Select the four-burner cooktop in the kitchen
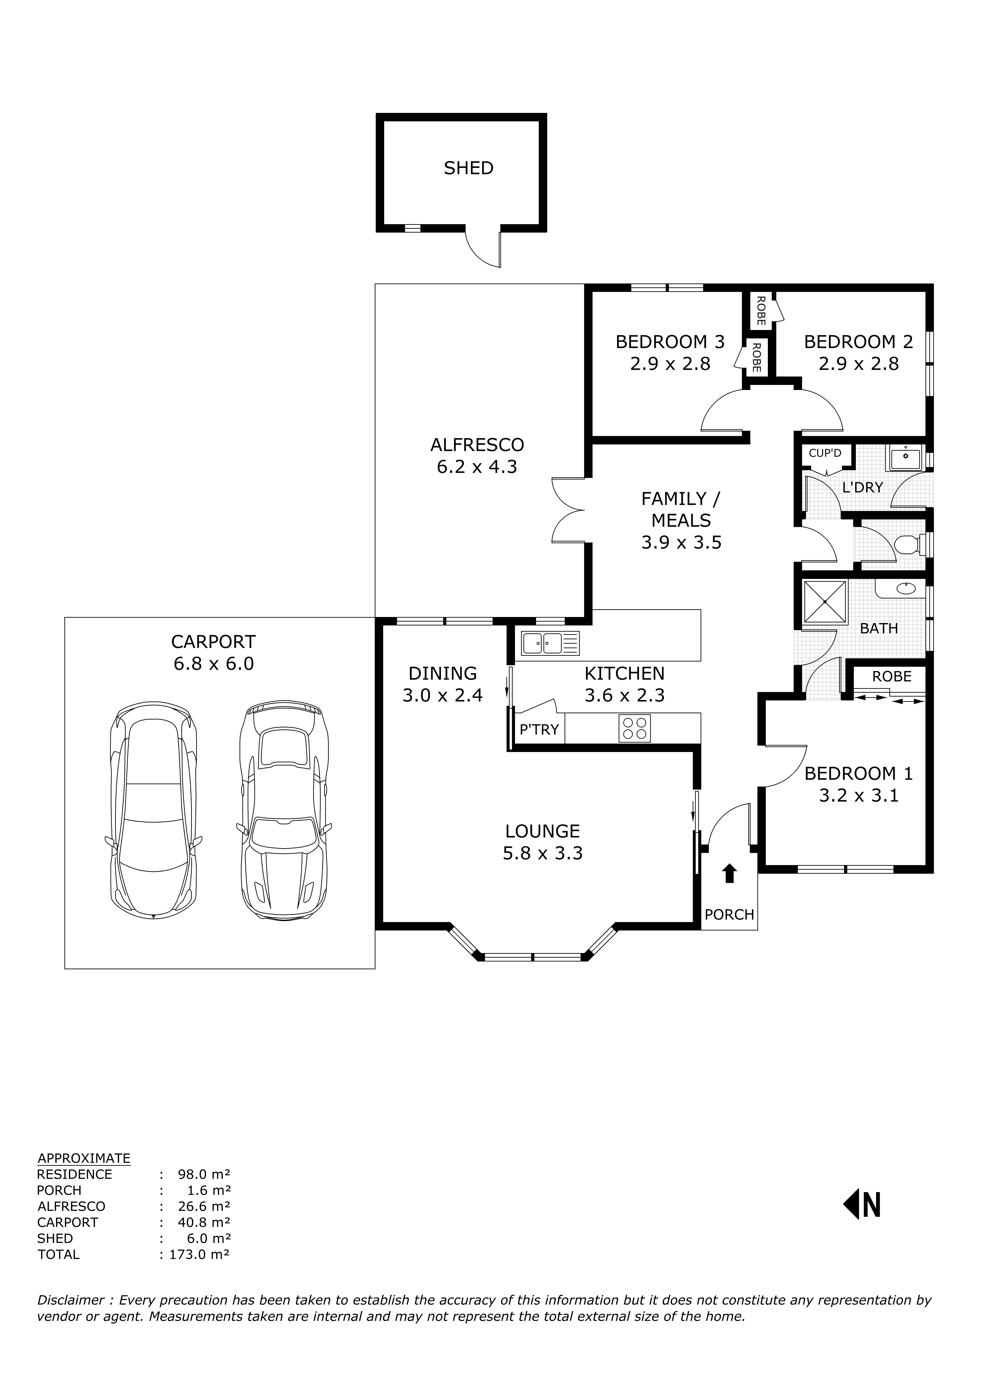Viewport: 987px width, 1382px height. pyautogui.click(x=635, y=728)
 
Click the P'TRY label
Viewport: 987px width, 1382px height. pyautogui.click(x=538, y=730)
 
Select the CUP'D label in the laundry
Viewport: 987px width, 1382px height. pyautogui.click(x=825, y=453)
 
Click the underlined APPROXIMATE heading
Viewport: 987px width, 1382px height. pyautogui.click(x=84, y=1159)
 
